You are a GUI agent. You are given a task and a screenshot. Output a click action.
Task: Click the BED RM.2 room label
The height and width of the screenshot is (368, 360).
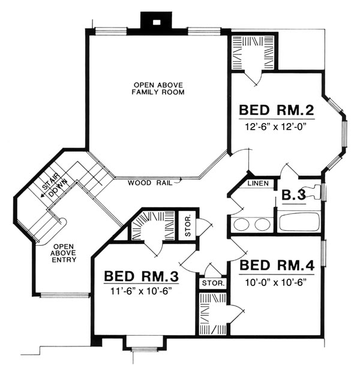(x=277, y=110)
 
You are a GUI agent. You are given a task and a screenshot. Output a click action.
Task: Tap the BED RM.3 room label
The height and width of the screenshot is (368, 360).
(x=141, y=276)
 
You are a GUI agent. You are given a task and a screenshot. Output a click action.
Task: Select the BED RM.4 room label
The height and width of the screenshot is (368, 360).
(x=277, y=265)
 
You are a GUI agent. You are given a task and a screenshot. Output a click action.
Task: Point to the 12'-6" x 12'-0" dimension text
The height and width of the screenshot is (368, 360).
(x=277, y=127)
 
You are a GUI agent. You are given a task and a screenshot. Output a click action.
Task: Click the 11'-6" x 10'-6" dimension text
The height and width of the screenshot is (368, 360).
(x=141, y=292)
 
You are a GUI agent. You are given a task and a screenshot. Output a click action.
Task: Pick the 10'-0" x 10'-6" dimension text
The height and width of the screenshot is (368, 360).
(x=277, y=282)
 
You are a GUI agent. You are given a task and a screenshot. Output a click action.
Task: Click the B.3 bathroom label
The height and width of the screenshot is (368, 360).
(x=294, y=195)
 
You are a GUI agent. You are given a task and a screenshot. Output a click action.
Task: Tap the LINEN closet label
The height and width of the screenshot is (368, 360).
(x=258, y=183)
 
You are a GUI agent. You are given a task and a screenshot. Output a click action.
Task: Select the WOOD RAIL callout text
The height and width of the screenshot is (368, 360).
(x=150, y=183)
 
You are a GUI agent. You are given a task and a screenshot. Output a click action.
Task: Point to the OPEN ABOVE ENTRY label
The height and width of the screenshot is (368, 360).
(x=64, y=254)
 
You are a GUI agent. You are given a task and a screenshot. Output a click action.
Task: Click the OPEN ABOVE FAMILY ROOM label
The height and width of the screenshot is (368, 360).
(x=158, y=89)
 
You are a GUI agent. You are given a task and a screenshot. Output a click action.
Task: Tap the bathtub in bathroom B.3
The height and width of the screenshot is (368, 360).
(x=299, y=221)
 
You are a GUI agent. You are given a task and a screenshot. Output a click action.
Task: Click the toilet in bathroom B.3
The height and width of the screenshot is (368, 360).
(x=313, y=192)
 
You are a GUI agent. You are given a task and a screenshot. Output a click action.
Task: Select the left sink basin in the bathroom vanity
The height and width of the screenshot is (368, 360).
(x=242, y=224)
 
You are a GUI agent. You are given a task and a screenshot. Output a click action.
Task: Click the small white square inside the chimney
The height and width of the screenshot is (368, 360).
(x=157, y=22)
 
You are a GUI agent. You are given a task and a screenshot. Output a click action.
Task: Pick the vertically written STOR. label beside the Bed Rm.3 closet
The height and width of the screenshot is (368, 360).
(x=188, y=226)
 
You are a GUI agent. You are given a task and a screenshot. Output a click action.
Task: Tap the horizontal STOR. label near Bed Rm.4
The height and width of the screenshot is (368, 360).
(x=213, y=283)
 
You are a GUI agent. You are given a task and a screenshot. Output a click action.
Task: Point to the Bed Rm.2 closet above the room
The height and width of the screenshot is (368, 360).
(x=253, y=53)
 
